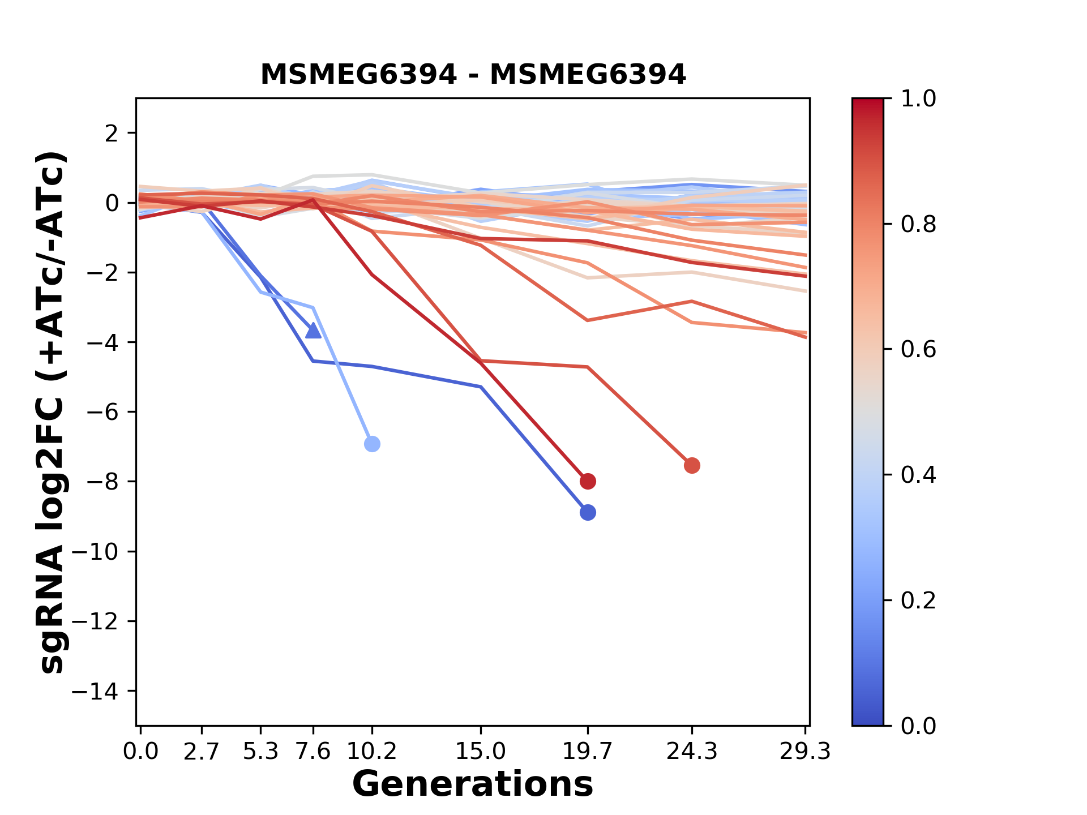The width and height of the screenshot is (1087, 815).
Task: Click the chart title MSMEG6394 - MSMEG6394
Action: tap(473, 75)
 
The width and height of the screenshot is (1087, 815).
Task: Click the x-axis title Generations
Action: tap(473, 784)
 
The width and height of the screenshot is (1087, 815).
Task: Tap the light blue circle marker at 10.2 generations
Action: tap(372, 444)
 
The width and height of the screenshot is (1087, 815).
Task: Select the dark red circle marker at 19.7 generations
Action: tap(588, 482)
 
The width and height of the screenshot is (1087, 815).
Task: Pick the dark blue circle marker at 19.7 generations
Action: tap(588, 513)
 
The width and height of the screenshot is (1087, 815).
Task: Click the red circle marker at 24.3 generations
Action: tap(692, 466)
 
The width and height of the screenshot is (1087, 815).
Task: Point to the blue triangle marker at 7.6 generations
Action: tap(313, 331)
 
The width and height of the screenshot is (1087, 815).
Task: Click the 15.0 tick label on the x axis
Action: tap(481, 752)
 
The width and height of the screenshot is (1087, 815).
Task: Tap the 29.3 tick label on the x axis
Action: tap(805, 752)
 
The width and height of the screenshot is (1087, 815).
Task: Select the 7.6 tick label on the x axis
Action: tap(313, 752)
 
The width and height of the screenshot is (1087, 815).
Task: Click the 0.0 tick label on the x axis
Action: tap(141, 752)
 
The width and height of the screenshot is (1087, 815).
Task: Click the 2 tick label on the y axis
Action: tap(112, 134)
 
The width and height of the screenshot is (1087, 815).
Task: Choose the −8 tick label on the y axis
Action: tap(102, 482)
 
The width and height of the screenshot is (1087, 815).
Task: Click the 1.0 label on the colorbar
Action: tap(918, 99)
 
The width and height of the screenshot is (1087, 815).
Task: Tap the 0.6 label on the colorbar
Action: tap(918, 350)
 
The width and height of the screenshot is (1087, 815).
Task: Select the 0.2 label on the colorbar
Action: tap(918, 600)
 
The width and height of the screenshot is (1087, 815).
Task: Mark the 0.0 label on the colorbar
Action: tap(918, 726)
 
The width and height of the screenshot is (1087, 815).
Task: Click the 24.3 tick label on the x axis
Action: tap(692, 752)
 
